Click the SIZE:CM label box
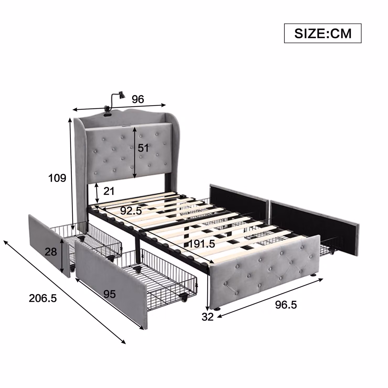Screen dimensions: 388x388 (x=323, y=33)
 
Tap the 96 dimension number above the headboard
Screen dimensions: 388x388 (x=138, y=99)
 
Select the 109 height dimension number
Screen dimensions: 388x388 (x=57, y=178)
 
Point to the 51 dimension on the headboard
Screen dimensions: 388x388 (x=143, y=148)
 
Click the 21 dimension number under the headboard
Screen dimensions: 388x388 (x=109, y=191)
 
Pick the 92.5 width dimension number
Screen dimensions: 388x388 (x=131, y=211)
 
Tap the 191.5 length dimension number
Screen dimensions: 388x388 (x=202, y=244)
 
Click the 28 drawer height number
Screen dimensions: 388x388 (x=51, y=252)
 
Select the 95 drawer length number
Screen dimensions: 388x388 (x=110, y=294)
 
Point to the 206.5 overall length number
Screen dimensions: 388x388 (x=43, y=298)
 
